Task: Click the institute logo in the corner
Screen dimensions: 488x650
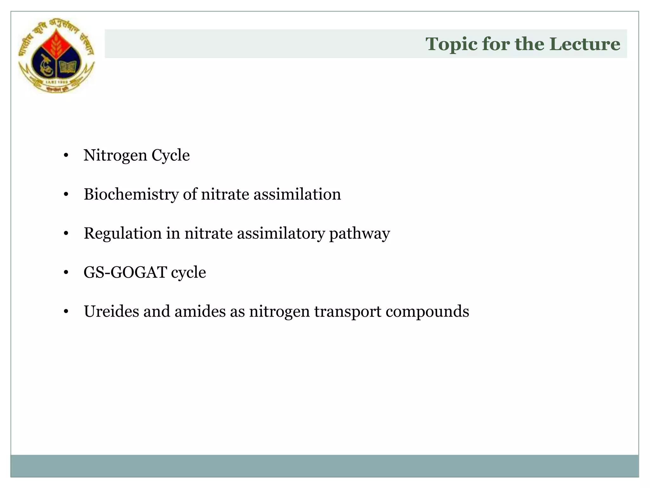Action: point(56,55)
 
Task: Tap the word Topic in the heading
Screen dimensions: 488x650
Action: point(451,44)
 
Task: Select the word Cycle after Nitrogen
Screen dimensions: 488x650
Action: point(170,156)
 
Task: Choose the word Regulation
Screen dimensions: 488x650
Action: point(123,234)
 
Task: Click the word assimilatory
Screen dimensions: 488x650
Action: point(281,234)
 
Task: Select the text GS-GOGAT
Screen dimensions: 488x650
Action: point(125,273)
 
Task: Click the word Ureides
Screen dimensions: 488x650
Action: point(111,311)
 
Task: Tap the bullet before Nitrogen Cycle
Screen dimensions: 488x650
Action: point(66,156)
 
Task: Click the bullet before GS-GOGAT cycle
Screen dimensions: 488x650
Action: point(66,273)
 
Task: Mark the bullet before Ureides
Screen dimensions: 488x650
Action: point(66,312)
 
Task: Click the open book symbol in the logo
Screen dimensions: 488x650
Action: point(68,67)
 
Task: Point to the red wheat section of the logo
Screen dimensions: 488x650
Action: point(56,44)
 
